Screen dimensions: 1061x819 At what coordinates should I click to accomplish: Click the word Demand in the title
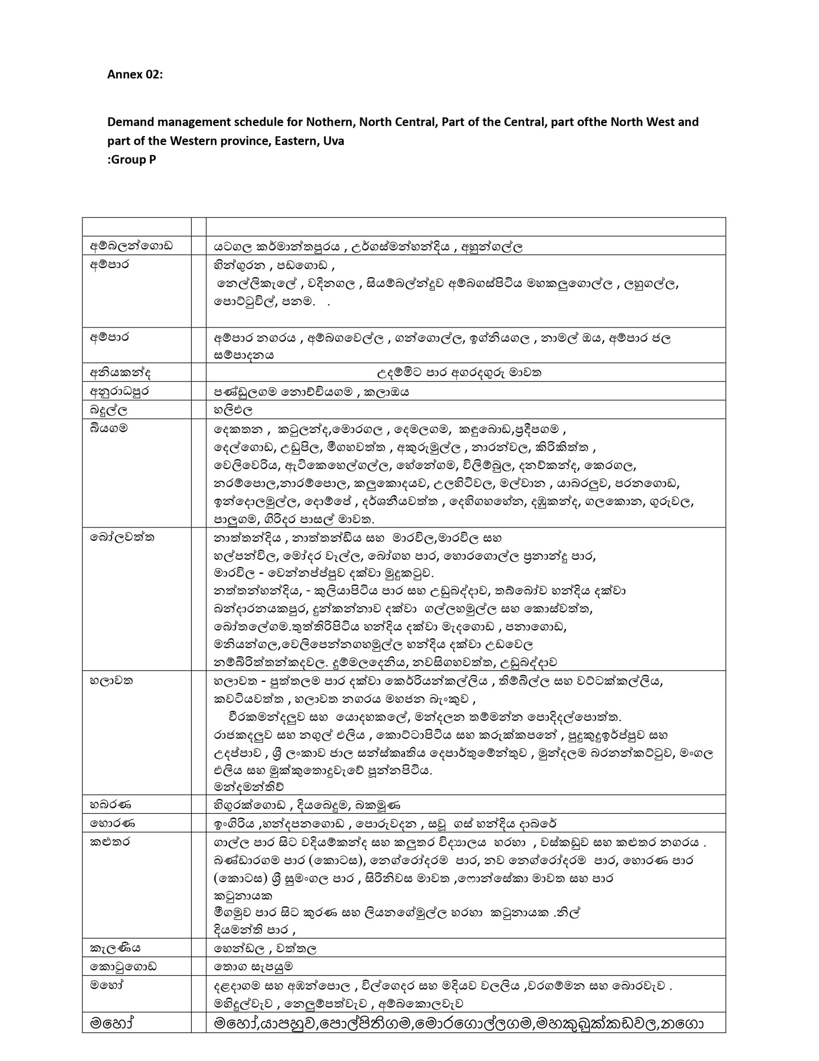(x=129, y=122)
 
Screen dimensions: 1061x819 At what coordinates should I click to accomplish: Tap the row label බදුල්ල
(x=109, y=410)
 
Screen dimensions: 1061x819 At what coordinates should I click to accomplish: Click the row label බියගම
(x=109, y=429)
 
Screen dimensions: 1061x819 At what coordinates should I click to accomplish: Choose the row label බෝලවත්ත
(x=122, y=537)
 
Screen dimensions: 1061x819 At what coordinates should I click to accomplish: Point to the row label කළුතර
(x=110, y=841)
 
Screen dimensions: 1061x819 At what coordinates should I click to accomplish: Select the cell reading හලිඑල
(x=233, y=410)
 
